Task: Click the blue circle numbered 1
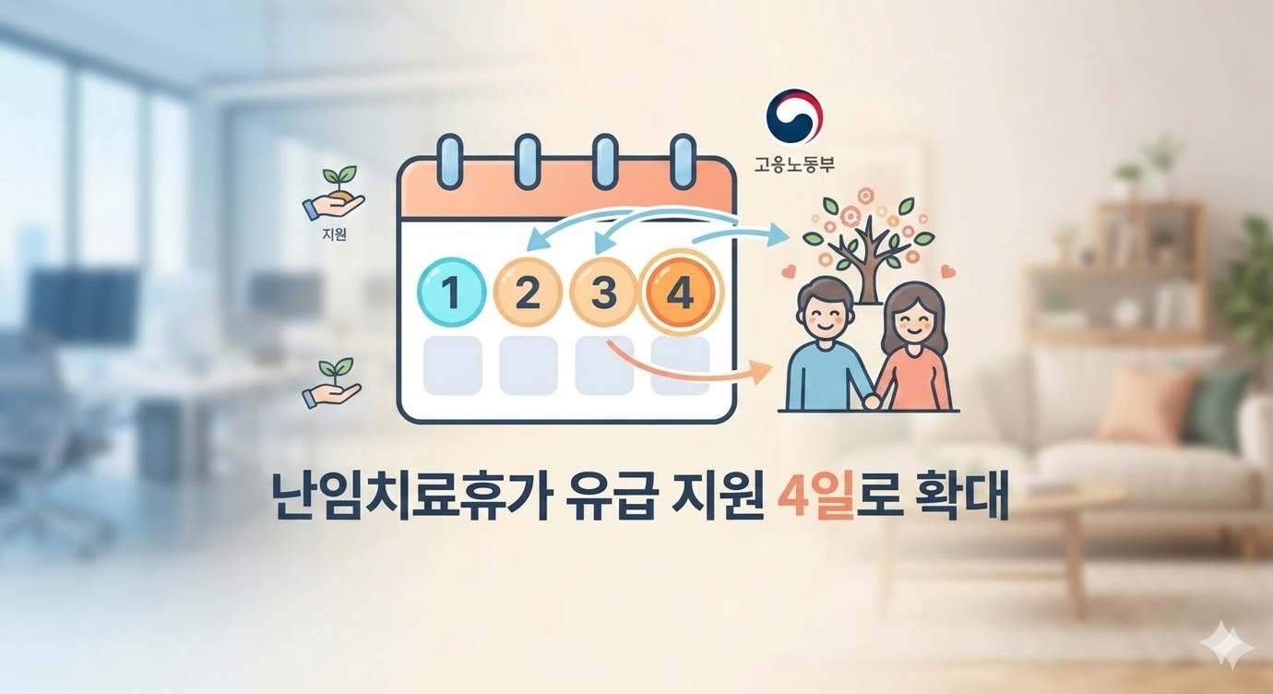click(452, 293)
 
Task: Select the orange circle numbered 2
click(528, 293)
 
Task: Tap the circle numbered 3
click(603, 293)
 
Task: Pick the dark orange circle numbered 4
click(681, 293)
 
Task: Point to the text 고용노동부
click(794, 165)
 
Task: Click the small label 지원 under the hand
click(334, 234)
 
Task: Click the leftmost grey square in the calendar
click(452, 365)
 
